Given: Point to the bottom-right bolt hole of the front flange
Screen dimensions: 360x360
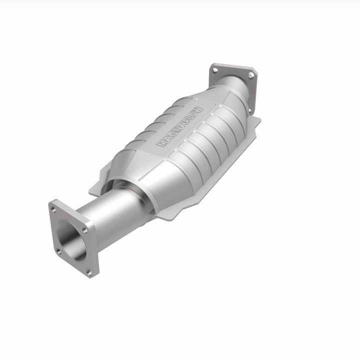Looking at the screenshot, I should click(x=89, y=273).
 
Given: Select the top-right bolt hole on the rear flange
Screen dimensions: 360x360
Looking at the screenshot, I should click(x=250, y=75).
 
